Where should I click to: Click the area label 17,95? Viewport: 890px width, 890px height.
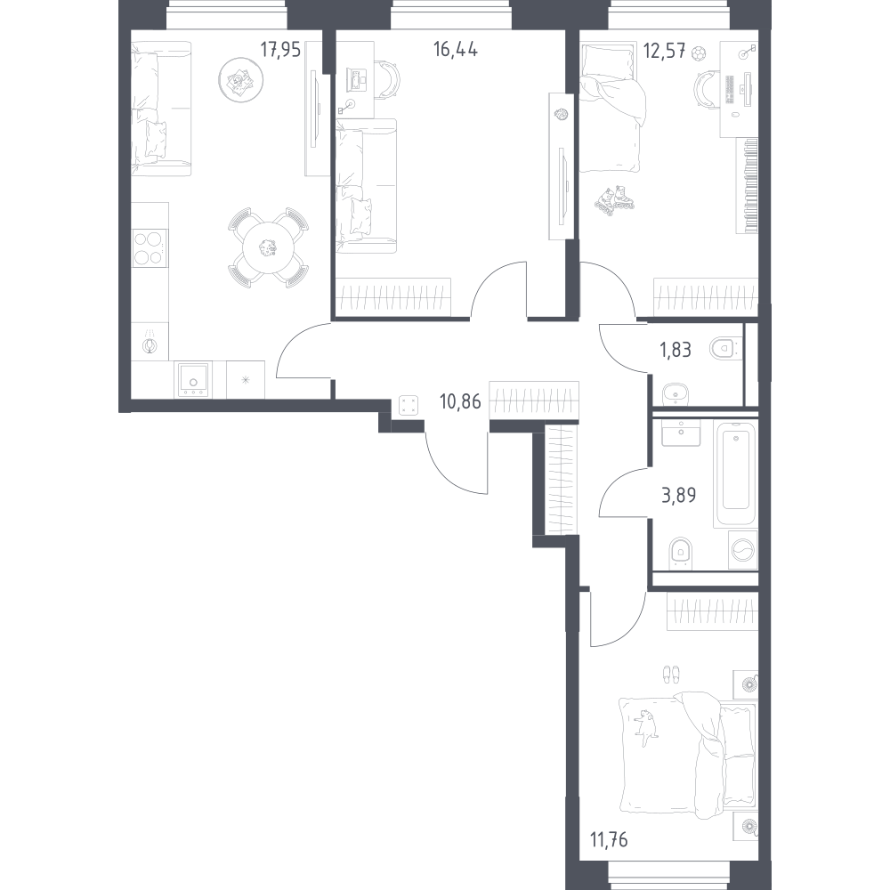pyautogui.click(x=280, y=50)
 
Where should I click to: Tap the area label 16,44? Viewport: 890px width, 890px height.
pyautogui.click(x=455, y=50)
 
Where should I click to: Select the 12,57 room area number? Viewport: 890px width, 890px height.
pyautogui.click(x=664, y=51)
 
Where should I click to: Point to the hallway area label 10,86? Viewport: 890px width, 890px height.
pyautogui.click(x=460, y=402)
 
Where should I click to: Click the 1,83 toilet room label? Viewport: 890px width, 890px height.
pyautogui.click(x=676, y=350)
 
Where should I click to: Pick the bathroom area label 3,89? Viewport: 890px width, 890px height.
pyautogui.click(x=679, y=496)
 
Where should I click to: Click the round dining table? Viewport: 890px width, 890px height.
pyautogui.click(x=267, y=248)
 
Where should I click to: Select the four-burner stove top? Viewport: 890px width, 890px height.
pyautogui.click(x=150, y=248)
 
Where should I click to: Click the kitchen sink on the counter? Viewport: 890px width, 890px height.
pyautogui.click(x=193, y=380)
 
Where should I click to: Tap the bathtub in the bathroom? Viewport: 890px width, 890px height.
pyautogui.click(x=735, y=475)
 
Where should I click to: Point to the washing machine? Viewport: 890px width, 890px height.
pyautogui.click(x=743, y=550)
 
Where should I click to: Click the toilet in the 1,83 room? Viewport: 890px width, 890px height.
pyautogui.click(x=723, y=349)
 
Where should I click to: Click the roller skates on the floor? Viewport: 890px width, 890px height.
pyautogui.click(x=614, y=201)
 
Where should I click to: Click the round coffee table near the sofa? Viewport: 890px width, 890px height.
pyautogui.click(x=240, y=81)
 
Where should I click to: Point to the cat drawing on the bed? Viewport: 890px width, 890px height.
pyautogui.click(x=646, y=725)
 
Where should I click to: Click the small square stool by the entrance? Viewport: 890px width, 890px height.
pyautogui.click(x=409, y=405)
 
